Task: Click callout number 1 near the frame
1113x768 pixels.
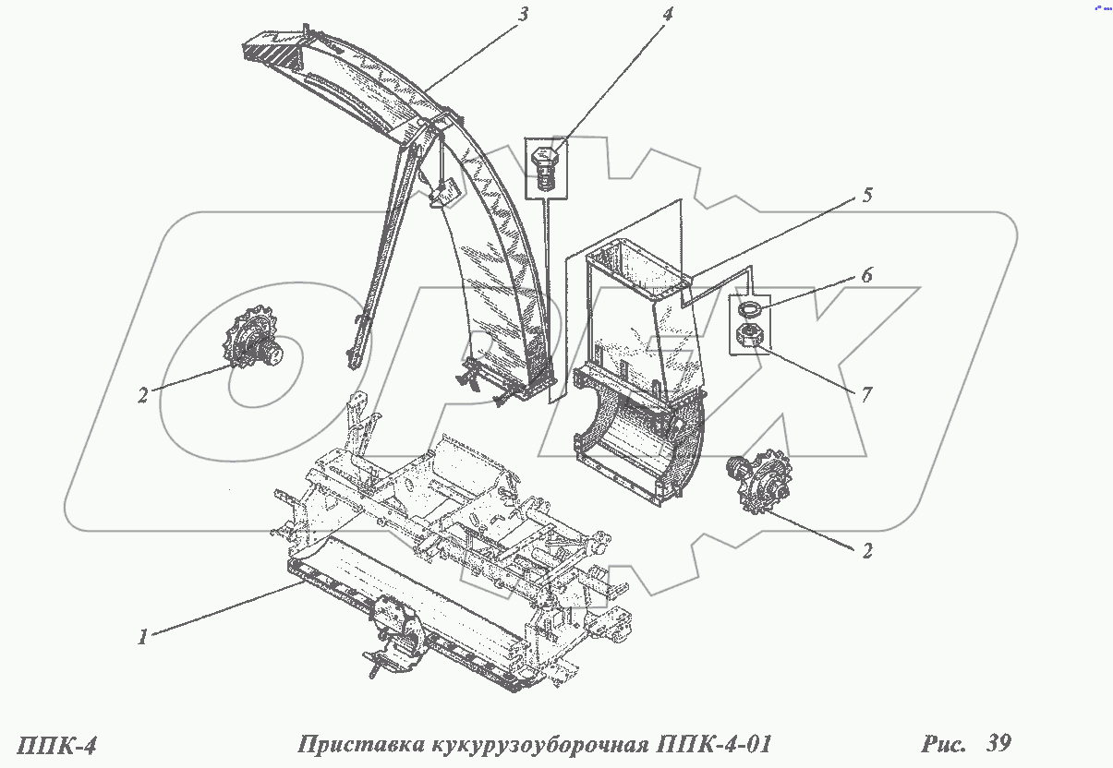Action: coord(142,638)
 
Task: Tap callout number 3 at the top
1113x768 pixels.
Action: coord(523,17)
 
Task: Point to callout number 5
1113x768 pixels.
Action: coord(868,196)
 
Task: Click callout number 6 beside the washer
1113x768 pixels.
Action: coord(866,275)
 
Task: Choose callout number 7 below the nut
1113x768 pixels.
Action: coord(866,395)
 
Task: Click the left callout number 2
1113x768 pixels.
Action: coord(143,395)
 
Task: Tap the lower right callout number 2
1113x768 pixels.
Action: coord(866,552)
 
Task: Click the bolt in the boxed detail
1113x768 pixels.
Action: coord(544,169)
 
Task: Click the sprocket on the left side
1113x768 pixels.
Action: coord(255,346)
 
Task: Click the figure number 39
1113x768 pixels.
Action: coord(998,743)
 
